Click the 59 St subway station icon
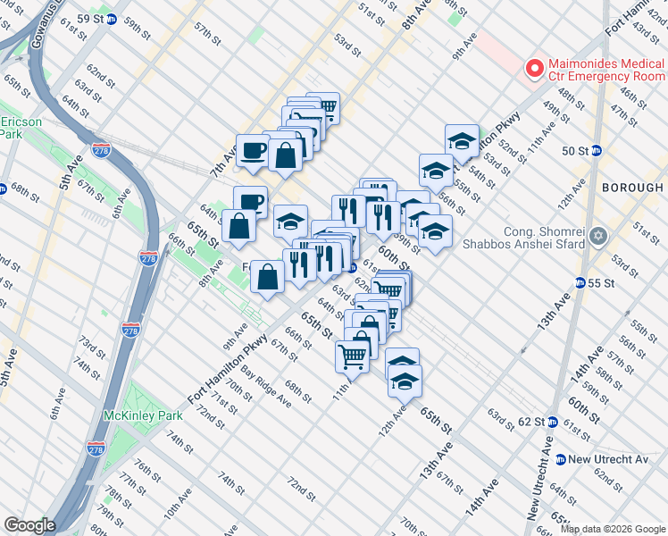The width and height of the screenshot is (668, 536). [112, 19]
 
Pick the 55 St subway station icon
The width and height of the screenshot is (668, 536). [580, 282]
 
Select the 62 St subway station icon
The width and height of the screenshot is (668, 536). [552, 421]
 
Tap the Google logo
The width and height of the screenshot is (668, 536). [29, 525]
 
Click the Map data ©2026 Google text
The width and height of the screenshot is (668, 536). [613, 529]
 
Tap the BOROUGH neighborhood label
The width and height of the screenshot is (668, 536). [632, 188]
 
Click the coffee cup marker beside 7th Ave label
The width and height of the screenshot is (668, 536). [253, 150]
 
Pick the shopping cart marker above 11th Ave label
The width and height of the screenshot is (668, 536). [353, 356]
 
